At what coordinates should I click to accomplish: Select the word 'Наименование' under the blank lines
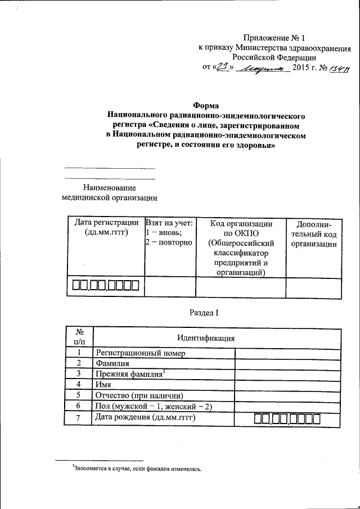tap(109, 187)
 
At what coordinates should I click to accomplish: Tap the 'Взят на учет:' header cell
tap(169, 223)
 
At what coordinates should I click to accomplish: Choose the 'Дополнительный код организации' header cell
tap(314, 233)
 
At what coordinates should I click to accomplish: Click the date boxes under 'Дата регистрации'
tap(105, 286)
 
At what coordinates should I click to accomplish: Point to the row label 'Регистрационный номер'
tap(141, 353)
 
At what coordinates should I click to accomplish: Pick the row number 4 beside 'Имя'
tap(79, 385)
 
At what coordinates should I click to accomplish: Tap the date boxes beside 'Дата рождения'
tap(287, 418)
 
